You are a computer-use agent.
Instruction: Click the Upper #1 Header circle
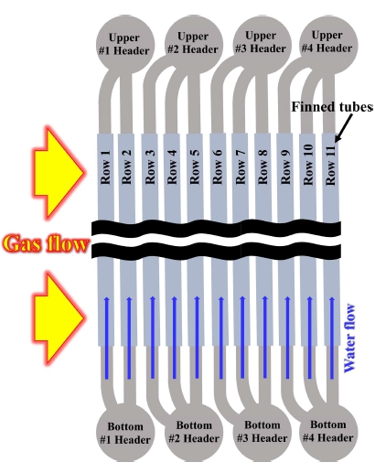coord(125,44)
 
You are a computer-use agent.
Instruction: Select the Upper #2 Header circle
coord(194,44)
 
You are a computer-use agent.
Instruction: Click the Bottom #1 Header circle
coord(125,433)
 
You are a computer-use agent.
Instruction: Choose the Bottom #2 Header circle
coord(194,433)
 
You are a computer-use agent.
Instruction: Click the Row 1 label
coord(105,167)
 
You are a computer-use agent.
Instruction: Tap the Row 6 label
coord(217,167)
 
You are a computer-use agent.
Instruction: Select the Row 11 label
coord(330,165)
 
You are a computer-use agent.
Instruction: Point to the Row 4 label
coord(172,167)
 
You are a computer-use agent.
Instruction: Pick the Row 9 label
coord(285,167)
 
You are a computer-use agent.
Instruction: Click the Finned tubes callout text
coord(332,107)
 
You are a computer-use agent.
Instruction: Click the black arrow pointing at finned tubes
coord(344,128)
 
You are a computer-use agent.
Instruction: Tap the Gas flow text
coord(46,243)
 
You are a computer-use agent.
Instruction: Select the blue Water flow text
coord(349,338)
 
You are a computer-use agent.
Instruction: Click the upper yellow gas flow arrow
coord(58,173)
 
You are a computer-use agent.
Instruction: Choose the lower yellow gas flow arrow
coord(58,317)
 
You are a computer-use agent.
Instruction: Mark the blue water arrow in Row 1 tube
coord(107,338)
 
